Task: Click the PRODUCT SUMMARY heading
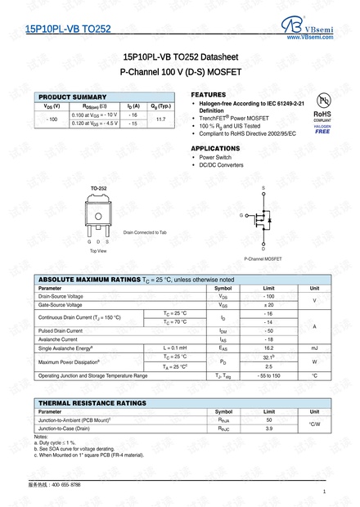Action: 72,97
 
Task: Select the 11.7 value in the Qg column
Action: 160,119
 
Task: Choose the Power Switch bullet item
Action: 215,157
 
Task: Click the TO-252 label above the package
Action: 98,189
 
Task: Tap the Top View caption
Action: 98,251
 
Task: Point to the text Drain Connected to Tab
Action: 145,232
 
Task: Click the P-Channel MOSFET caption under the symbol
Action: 263,258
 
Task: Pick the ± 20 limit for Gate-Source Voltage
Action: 268,304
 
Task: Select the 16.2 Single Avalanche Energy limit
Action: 268,348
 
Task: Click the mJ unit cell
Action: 314,348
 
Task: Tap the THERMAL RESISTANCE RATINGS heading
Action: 92,402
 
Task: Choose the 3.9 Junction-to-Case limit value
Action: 268,428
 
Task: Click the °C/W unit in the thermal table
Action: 314,424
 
